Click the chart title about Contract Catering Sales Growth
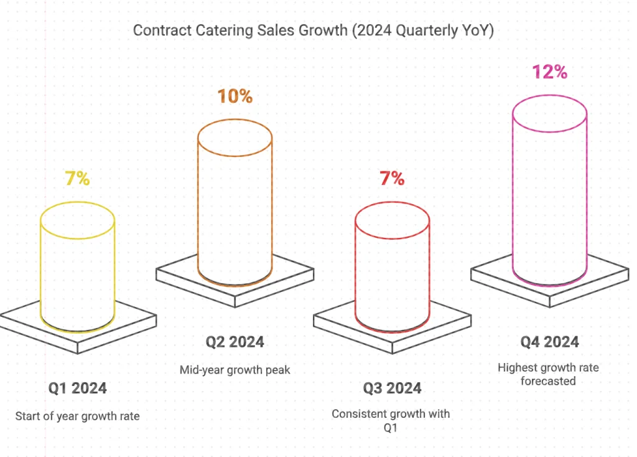(x=314, y=31)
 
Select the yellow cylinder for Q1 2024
(x=78, y=268)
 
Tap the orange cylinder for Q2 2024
(x=235, y=205)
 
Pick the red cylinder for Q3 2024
(x=392, y=268)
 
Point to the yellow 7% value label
(x=78, y=179)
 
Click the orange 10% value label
(x=235, y=97)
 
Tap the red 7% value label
(x=392, y=179)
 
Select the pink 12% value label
(x=549, y=72)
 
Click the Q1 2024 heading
(x=78, y=389)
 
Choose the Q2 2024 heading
(x=235, y=342)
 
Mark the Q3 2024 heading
(x=392, y=389)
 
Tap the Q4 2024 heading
(x=549, y=342)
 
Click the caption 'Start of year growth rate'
(x=78, y=416)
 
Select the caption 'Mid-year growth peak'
(x=235, y=370)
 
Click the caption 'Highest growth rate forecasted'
(x=548, y=374)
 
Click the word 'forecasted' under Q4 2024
(x=548, y=380)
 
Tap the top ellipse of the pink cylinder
(x=549, y=114)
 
